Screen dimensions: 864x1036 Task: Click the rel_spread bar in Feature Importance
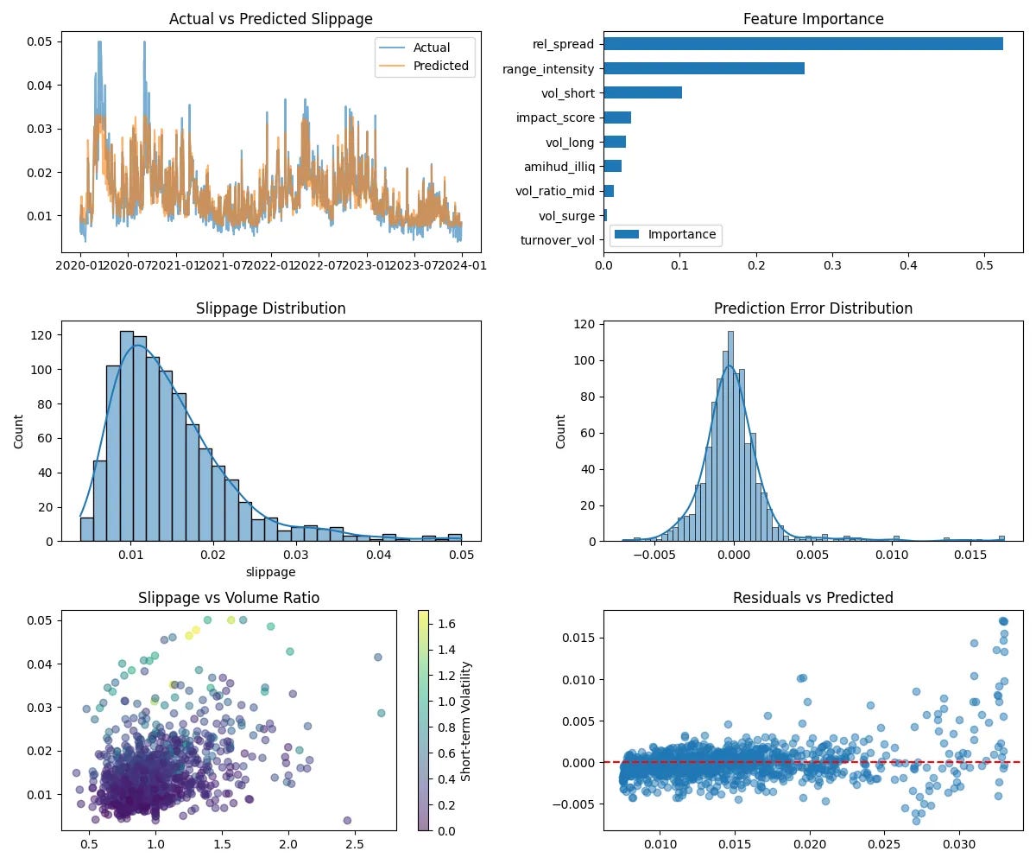(803, 43)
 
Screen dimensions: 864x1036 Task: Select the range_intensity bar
(704, 68)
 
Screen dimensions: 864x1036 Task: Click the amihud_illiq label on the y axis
(559, 166)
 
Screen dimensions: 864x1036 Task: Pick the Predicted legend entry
(440, 66)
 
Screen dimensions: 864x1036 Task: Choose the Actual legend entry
(432, 48)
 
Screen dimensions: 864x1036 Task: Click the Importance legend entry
(681, 234)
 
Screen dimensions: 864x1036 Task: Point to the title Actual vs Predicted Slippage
(272, 19)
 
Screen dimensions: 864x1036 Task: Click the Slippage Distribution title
(271, 308)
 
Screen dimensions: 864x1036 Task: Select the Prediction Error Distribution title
(812, 308)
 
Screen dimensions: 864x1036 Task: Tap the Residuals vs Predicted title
(812, 598)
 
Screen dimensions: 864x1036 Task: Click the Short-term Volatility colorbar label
(467, 721)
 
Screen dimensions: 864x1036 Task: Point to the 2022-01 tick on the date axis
(272, 265)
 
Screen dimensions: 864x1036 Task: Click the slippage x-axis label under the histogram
(271, 572)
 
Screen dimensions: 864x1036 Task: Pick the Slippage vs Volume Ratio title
(229, 598)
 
